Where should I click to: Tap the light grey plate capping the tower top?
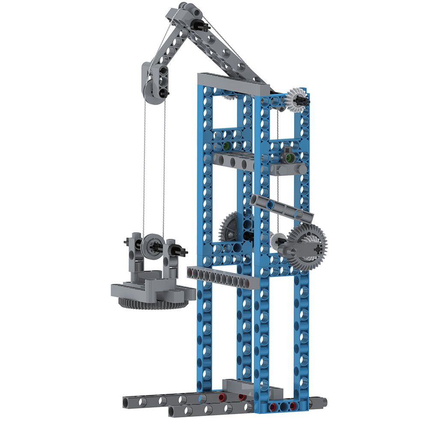pyautogui.click(x=233, y=83)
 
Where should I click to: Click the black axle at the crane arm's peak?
pyautogui.click(x=201, y=25)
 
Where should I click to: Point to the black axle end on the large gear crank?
pyautogui.click(x=317, y=247)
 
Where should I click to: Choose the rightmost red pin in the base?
pyautogui.click(x=293, y=405)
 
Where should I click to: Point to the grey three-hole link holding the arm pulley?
pyautogui.click(x=163, y=79)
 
